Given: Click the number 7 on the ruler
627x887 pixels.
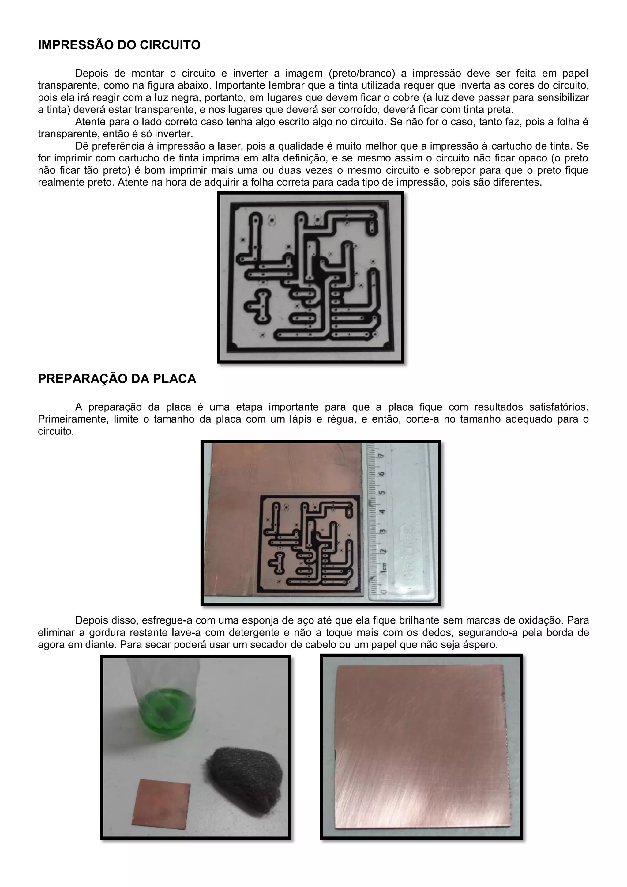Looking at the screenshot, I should point(382,456).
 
